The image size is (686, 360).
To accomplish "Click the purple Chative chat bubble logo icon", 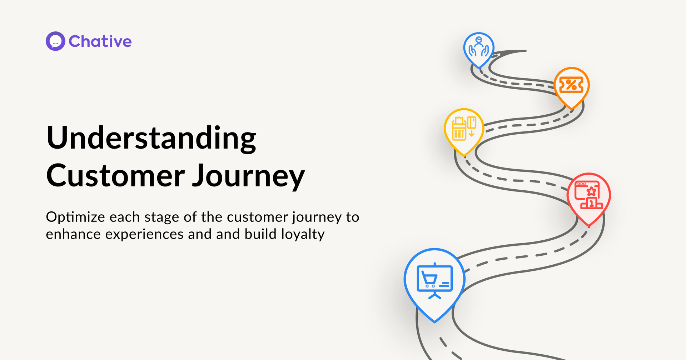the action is (55, 41).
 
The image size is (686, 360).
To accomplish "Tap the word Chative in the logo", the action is (100, 41).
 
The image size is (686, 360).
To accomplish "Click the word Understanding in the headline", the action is (151, 139).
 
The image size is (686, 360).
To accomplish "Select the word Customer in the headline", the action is (115, 175).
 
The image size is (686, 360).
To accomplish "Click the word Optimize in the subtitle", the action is (75, 217).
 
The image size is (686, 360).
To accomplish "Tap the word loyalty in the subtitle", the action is (303, 235).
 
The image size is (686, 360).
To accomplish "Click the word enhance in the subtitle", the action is (73, 234).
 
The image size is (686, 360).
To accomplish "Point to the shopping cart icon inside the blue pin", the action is (430, 279).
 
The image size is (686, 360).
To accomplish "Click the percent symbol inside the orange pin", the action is (571, 85).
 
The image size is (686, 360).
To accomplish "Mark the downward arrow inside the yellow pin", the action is (472, 134).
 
